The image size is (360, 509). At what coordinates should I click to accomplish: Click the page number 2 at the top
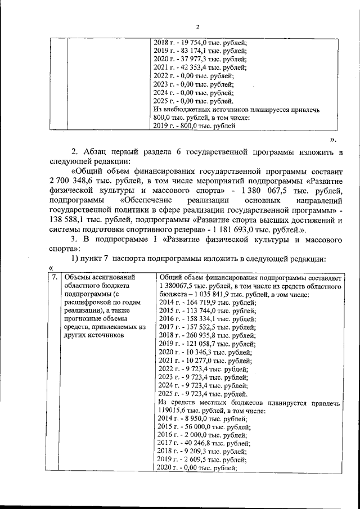pyautogui.click(x=197, y=26)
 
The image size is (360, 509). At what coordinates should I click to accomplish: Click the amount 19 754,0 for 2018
pyautogui.click(x=192, y=42)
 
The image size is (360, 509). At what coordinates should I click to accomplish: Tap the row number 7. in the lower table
pyautogui.click(x=55, y=277)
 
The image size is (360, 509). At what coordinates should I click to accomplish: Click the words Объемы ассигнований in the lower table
pyautogui.click(x=101, y=277)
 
